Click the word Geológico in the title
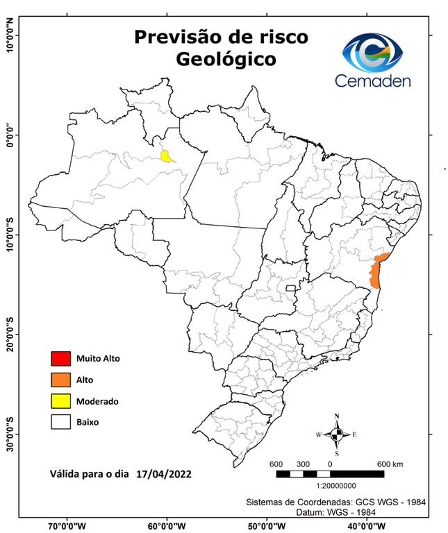[x=225, y=59]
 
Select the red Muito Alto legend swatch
[x=60, y=359]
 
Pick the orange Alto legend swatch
[x=60, y=380]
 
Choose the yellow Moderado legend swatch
[x=60, y=400]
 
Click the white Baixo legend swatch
[x=60, y=421]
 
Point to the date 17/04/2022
[x=164, y=475]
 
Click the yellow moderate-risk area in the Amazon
[x=167, y=155]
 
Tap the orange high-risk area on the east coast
[x=376, y=272]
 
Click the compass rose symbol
[x=337, y=434]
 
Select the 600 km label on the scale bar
[x=389, y=464]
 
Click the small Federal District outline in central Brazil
[x=290, y=287]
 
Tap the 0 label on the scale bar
[x=329, y=464]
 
